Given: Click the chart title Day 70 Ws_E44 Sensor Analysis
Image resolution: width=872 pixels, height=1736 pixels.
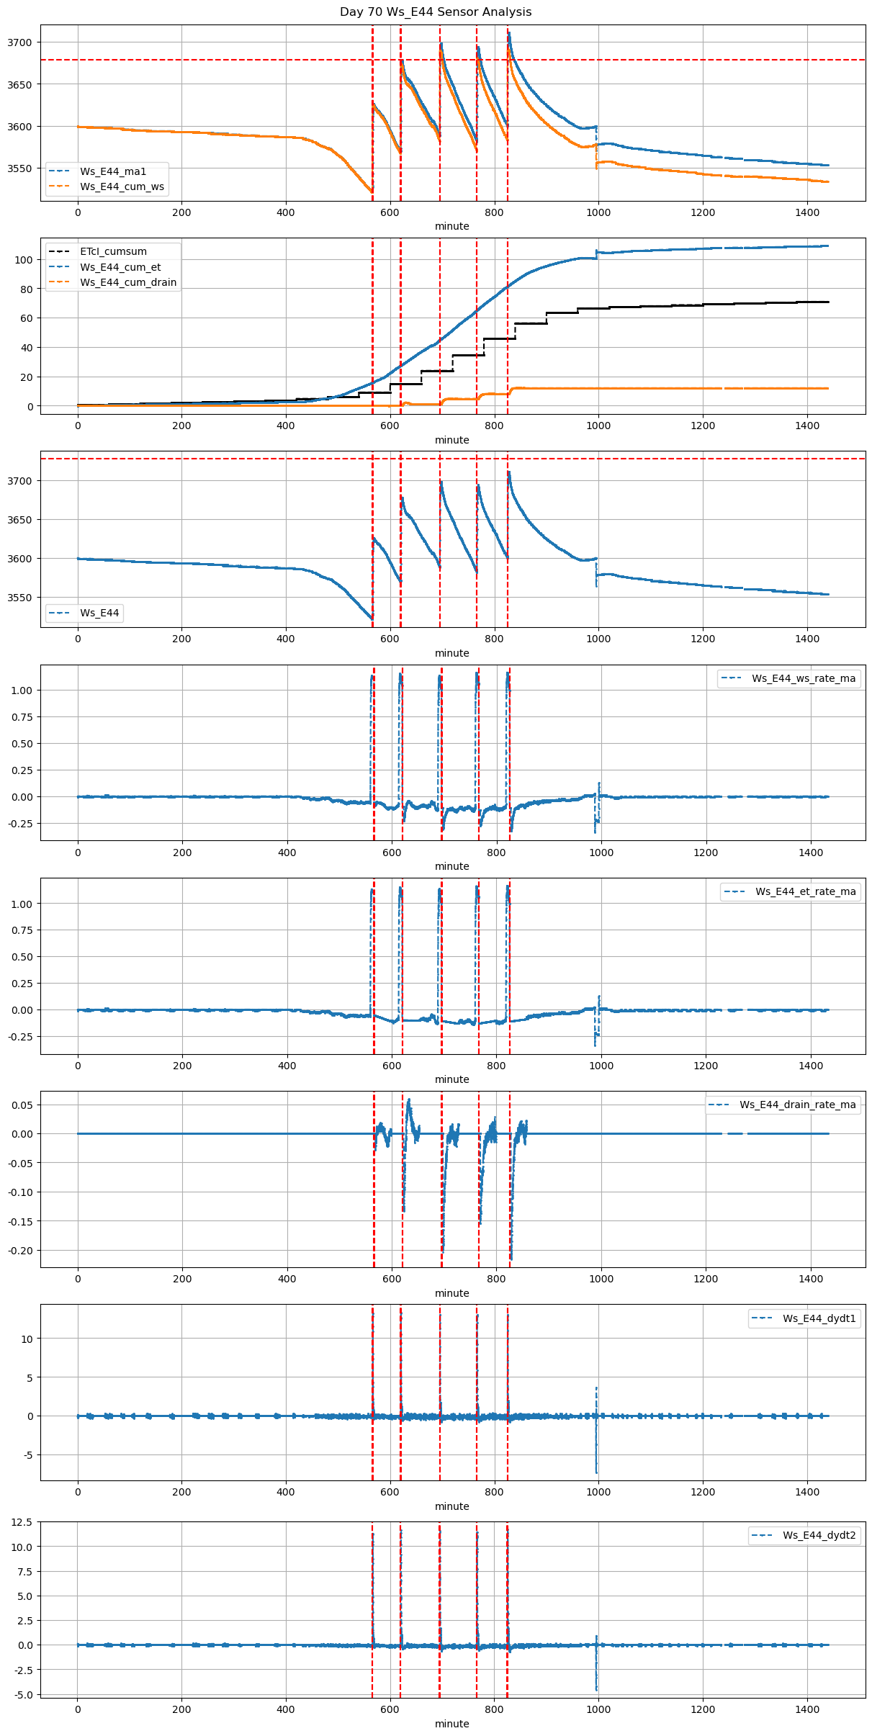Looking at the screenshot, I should point(436,12).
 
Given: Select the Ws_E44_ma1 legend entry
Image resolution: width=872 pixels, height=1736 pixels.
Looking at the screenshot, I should point(113,171).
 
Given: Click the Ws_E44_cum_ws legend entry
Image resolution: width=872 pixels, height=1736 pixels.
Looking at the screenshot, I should point(122,186).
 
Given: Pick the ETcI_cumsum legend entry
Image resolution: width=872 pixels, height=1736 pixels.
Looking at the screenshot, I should point(113,251).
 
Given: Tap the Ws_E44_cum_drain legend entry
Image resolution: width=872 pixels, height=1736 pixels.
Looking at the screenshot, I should point(128,282).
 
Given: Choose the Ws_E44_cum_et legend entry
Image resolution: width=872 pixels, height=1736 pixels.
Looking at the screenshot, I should point(120,267).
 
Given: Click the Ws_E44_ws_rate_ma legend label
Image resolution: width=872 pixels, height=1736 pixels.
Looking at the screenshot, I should point(804,678).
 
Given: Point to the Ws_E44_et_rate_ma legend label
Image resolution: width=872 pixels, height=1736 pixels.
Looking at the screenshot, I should point(805,891).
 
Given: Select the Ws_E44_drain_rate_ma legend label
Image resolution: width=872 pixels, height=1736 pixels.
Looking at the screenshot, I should point(798,1105).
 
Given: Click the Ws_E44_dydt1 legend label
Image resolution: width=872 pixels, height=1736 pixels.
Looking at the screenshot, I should point(819,1318).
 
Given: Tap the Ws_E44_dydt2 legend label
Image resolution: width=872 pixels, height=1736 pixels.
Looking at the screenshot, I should point(819,1535).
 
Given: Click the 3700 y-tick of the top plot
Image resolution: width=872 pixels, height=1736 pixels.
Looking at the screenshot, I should point(20,42).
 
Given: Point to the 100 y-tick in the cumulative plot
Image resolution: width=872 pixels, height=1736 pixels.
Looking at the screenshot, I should point(24,260).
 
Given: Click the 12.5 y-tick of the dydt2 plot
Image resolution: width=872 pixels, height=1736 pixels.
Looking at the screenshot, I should point(22,1522).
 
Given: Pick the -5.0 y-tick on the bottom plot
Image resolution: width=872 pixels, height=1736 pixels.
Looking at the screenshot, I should point(22,1695).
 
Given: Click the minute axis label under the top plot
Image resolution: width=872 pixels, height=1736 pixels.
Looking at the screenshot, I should point(451,226).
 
